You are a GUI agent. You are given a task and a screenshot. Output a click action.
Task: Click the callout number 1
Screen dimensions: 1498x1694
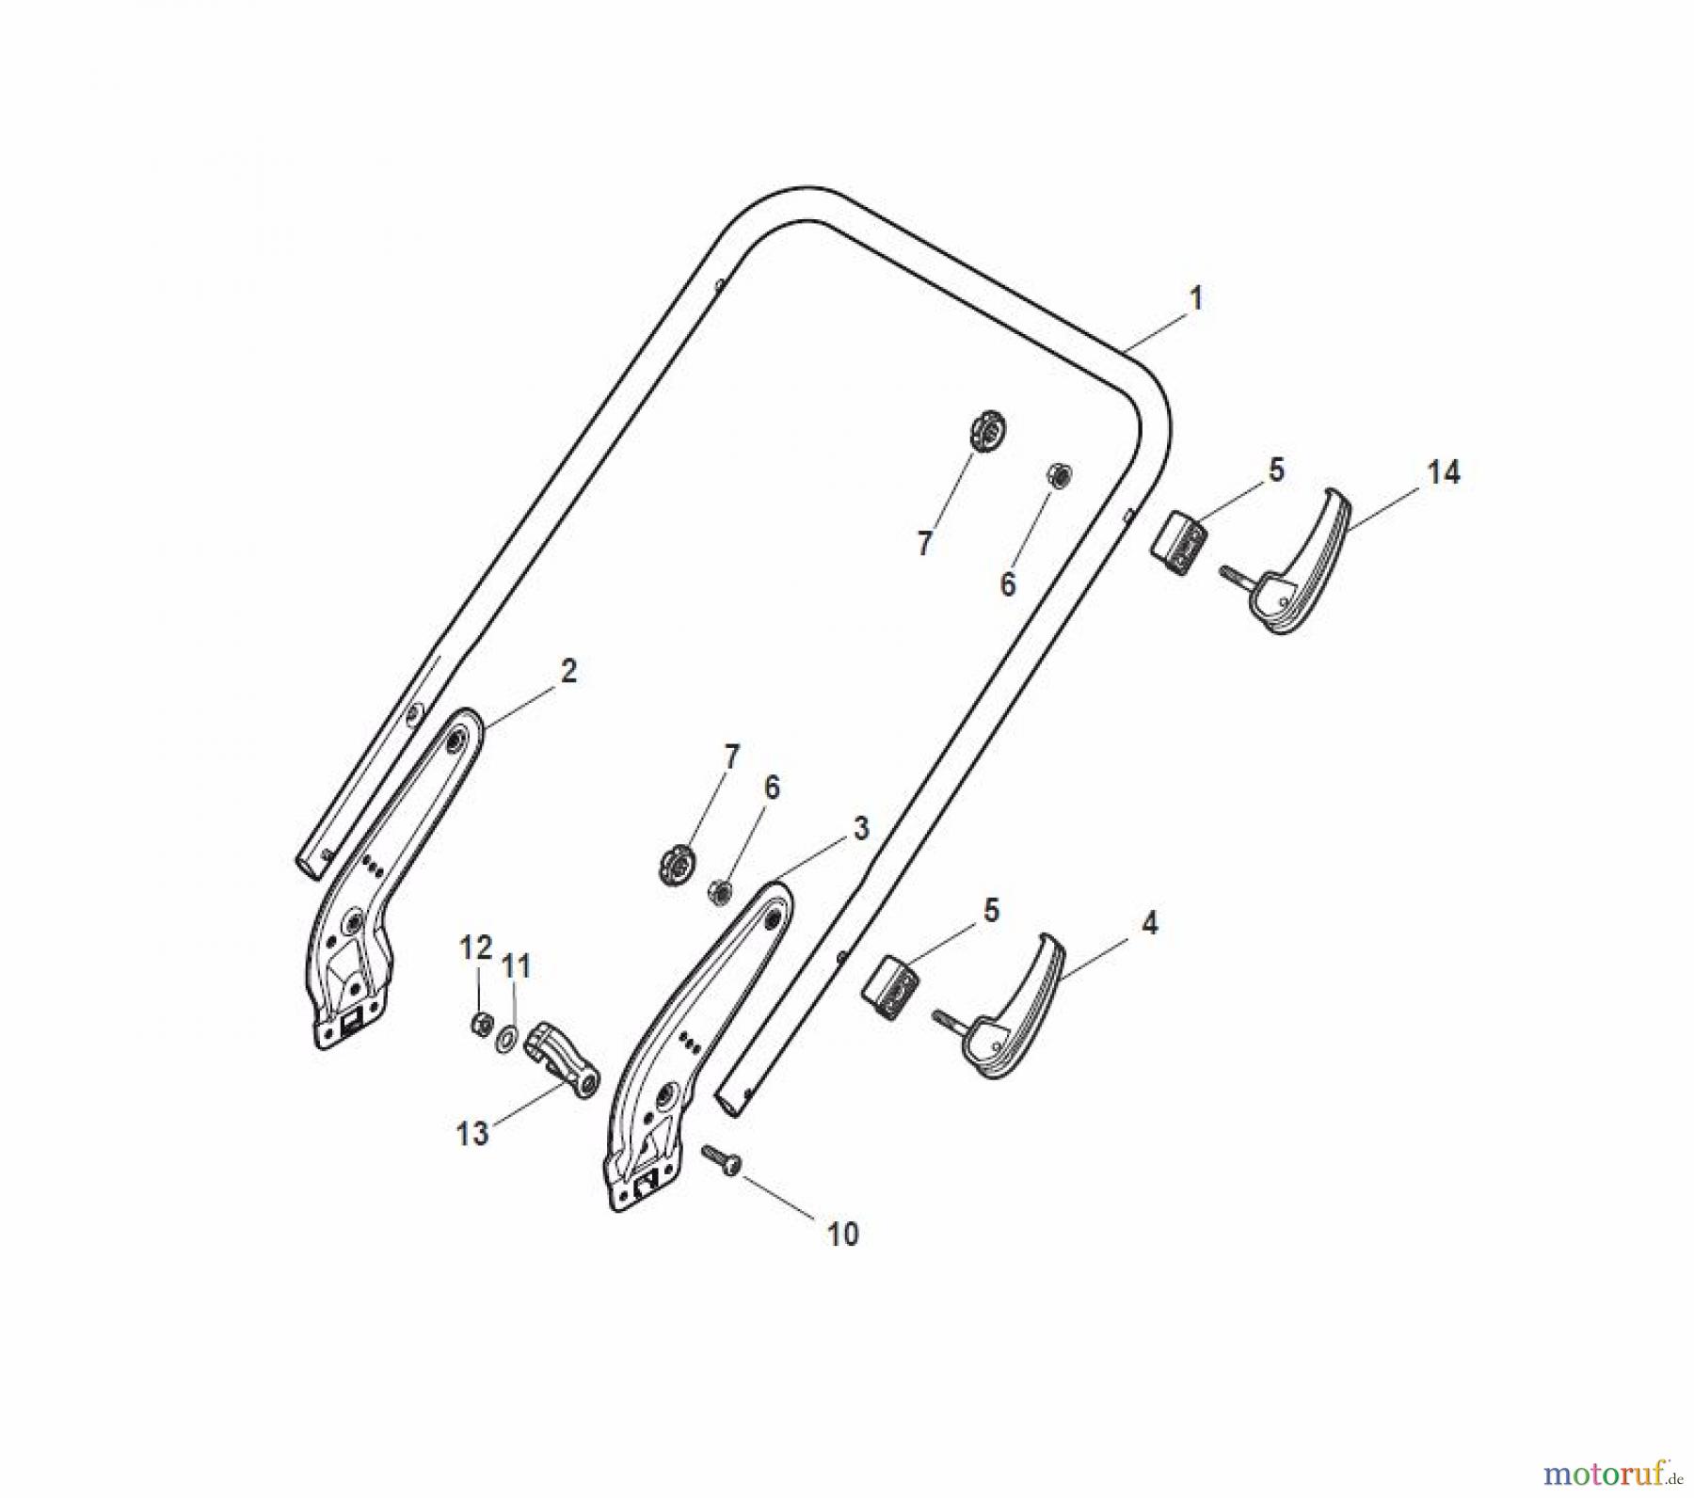pos(1196,299)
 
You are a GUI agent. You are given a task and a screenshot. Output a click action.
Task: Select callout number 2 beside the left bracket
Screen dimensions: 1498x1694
pos(568,672)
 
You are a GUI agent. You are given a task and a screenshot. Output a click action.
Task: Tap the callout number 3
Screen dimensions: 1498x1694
pos(860,829)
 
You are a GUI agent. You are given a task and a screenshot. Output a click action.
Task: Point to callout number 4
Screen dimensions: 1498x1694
pos(1148,923)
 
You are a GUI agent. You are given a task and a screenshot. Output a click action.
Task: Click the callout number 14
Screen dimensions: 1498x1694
pos(1443,472)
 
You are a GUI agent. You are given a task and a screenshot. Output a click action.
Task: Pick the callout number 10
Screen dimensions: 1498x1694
pos(842,1234)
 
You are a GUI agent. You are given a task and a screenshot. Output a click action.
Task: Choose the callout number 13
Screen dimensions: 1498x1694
pos(472,1134)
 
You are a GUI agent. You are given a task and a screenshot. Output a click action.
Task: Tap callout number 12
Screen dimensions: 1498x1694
pos(475,948)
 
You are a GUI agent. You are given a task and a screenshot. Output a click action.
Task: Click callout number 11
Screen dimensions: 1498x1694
pos(516,966)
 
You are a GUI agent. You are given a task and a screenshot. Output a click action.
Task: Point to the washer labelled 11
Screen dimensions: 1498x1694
pos(506,1038)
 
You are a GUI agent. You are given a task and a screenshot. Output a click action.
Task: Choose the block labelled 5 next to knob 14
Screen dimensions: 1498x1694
pos(1178,540)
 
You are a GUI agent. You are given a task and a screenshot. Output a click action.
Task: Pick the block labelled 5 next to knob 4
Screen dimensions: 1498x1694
pos(890,986)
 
